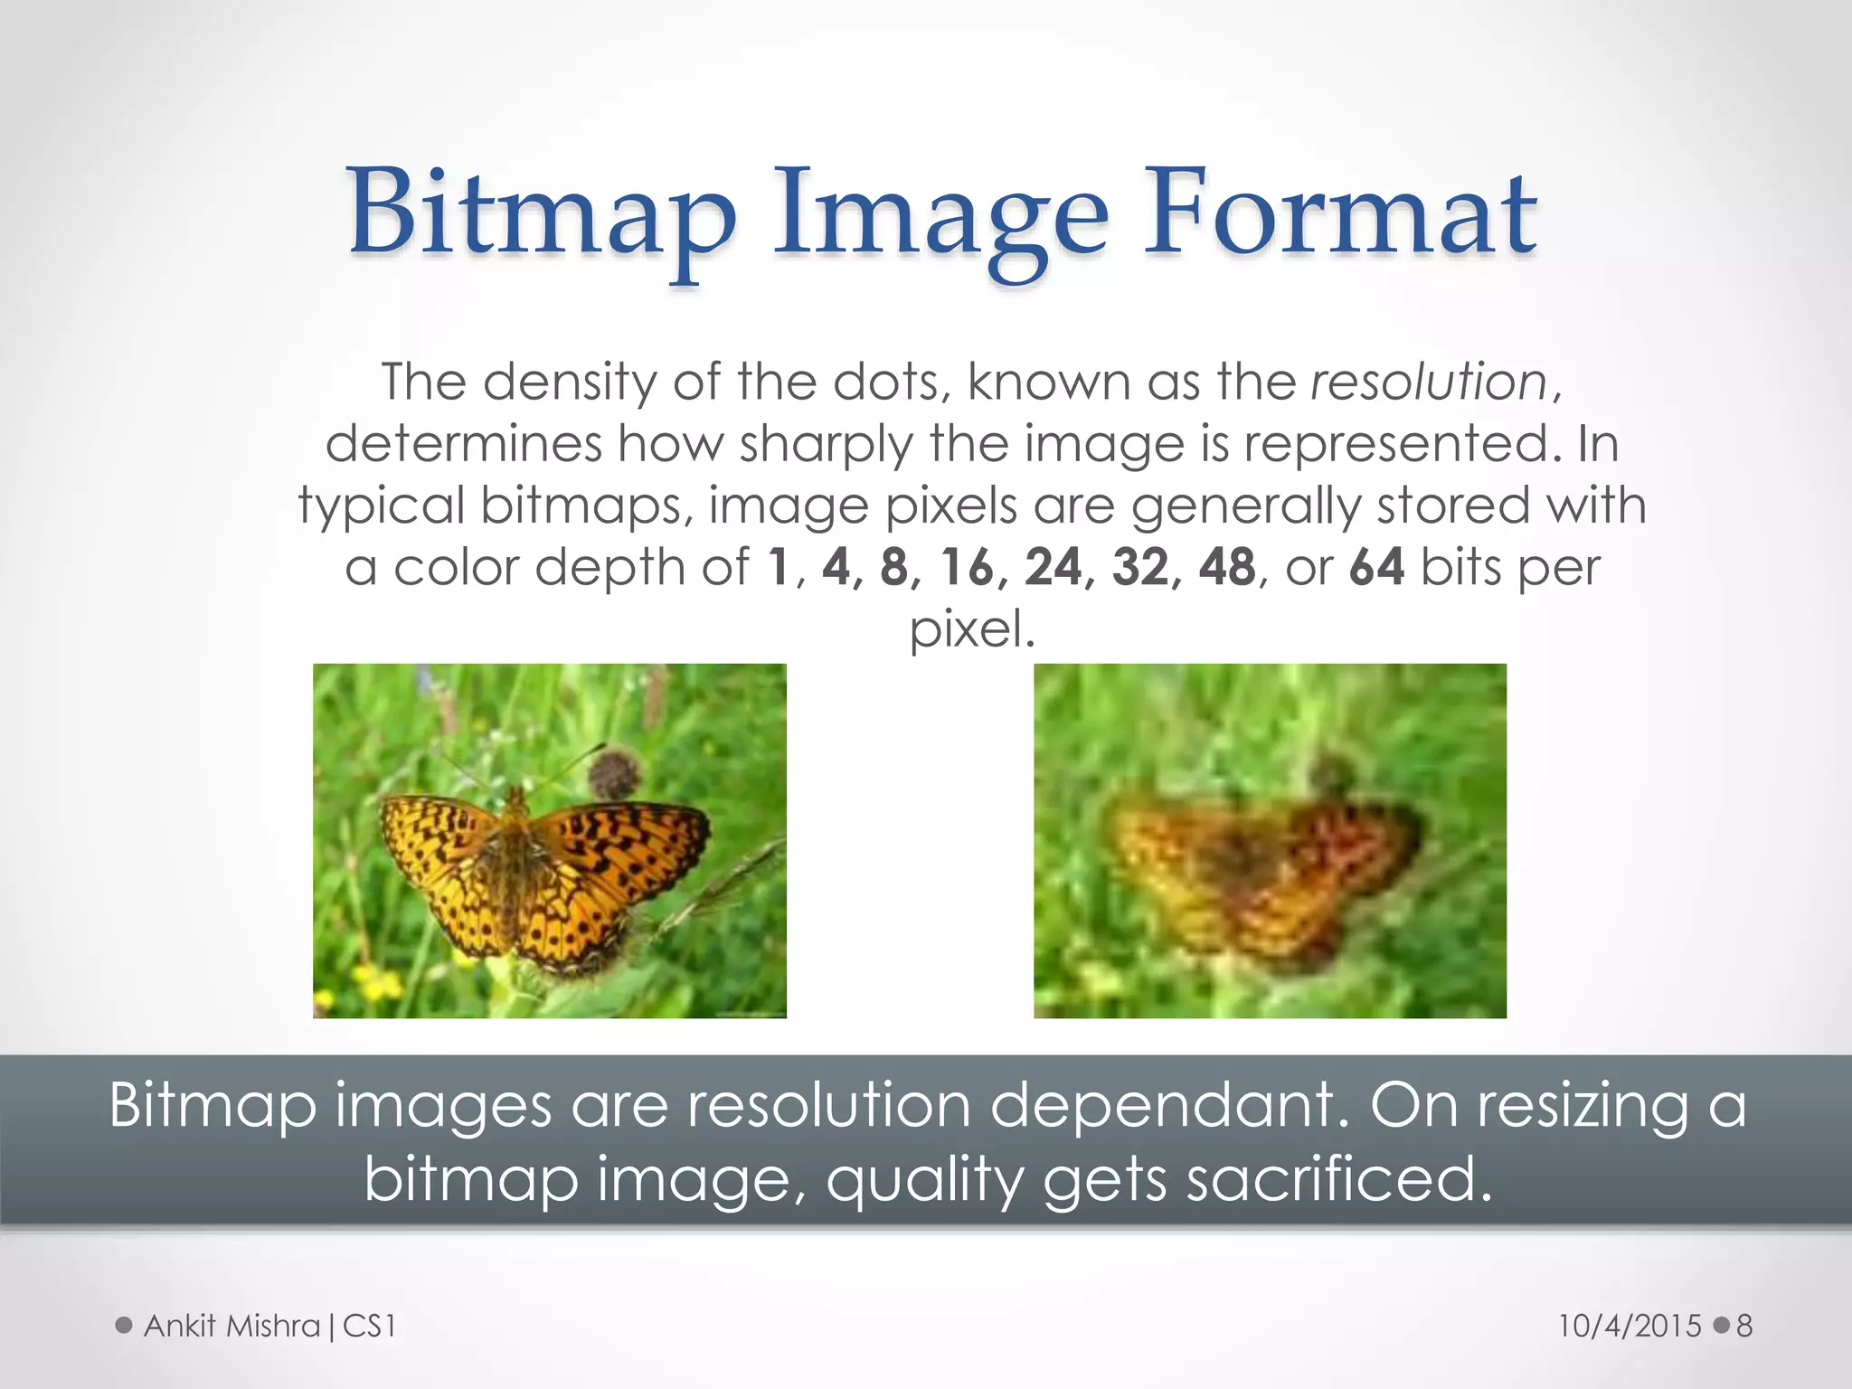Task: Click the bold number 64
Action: coord(1376,568)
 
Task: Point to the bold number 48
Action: coord(1227,568)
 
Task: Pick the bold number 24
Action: coord(1053,568)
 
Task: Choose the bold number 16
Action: coord(967,568)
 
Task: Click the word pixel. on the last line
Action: coord(971,629)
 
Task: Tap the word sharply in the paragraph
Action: coord(826,444)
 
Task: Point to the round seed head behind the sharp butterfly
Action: coord(615,773)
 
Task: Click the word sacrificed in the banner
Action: coord(1337,1178)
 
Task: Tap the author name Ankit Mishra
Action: coord(232,1326)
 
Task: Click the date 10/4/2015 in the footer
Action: coord(1630,1326)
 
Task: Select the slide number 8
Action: coord(1744,1326)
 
